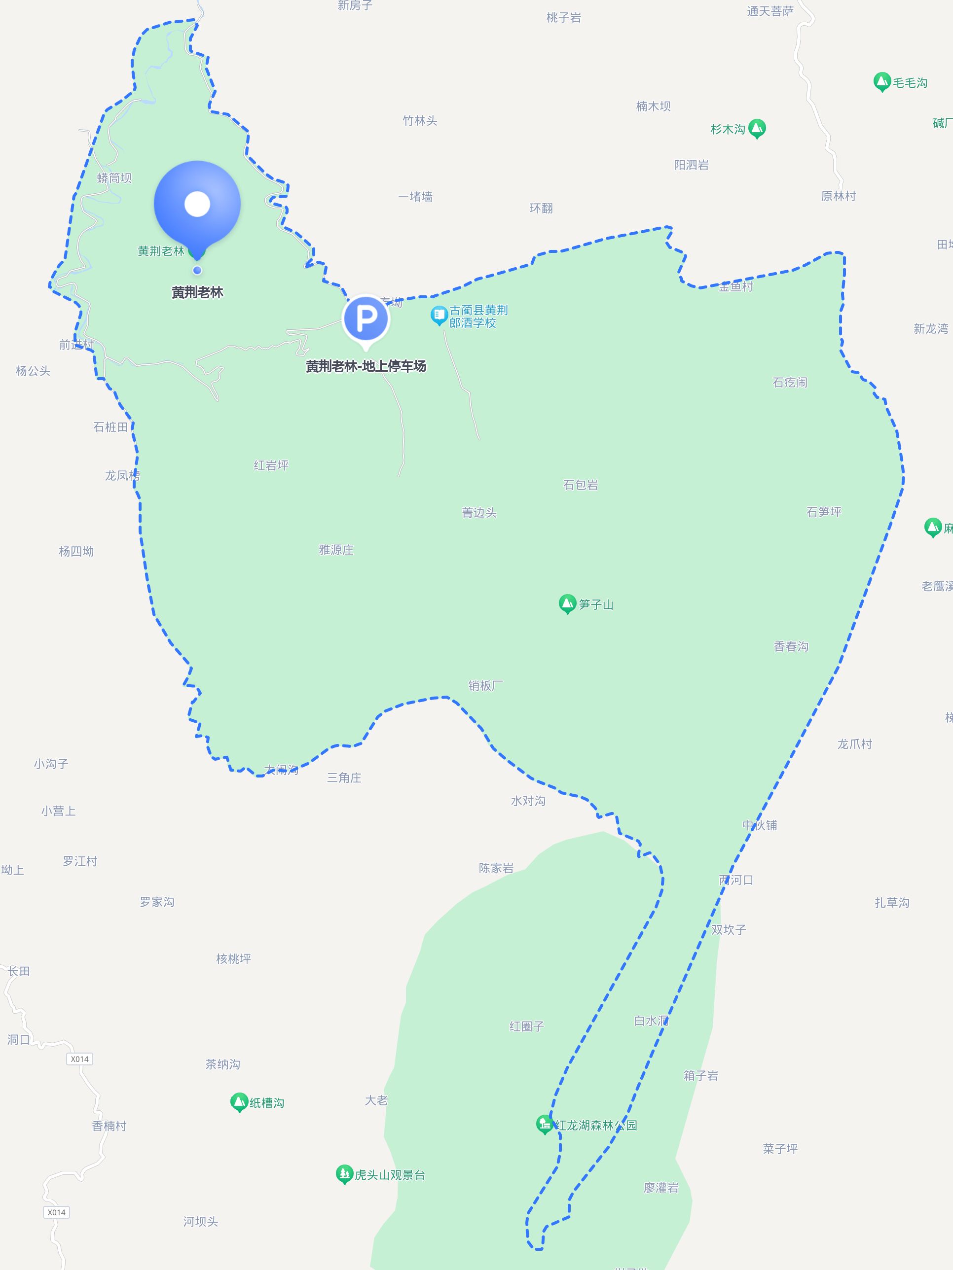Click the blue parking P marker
pos(366,318)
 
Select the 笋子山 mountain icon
pos(567,603)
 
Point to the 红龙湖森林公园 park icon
pos(544,1124)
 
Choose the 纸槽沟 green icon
pos(239,1102)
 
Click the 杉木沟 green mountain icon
pos(757,128)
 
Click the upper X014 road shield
pos(79,1058)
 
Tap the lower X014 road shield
pos(56,1212)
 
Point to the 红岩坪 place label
pos(271,465)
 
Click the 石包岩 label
pos(580,485)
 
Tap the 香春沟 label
pos(791,646)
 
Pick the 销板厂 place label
pos(485,685)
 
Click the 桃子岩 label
pos(563,18)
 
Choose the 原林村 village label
pos(838,196)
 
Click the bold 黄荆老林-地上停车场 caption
pos(366,366)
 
